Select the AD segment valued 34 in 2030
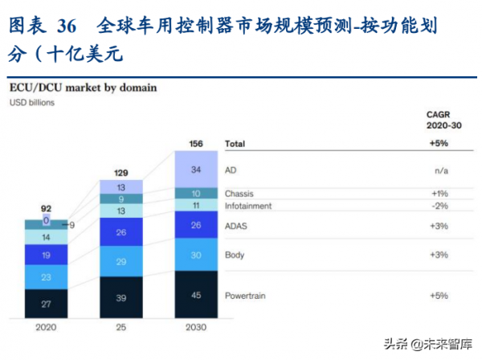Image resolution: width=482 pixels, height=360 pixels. click(x=196, y=170)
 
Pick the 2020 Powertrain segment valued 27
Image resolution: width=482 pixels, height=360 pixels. click(x=47, y=304)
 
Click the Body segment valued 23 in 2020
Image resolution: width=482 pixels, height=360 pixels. click(x=47, y=277)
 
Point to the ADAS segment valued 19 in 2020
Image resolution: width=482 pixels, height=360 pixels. click(x=47, y=255)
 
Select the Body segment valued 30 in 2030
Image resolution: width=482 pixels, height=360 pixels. click(x=196, y=256)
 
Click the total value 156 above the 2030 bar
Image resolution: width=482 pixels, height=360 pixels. click(x=196, y=144)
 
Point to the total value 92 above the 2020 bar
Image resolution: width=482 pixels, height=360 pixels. click(x=47, y=208)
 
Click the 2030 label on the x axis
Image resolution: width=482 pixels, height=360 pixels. click(x=196, y=327)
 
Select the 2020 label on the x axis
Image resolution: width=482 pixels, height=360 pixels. click(x=47, y=327)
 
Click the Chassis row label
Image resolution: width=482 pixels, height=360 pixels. click(x=241, y=193)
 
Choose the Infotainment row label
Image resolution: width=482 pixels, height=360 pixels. click(x=249, y=206)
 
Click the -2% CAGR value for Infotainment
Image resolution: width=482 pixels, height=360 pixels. click(x=439, y=206)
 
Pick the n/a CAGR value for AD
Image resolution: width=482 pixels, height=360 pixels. click(x=439, y=170)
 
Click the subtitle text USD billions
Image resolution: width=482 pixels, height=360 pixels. click(x=31, y=103)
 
